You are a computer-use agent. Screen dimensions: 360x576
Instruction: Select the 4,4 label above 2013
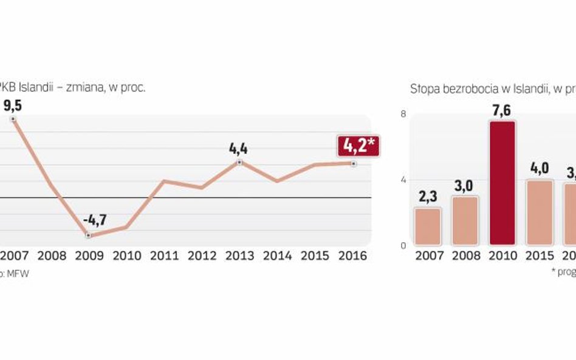[x=239, y=149]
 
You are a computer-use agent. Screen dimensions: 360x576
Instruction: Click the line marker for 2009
[x=89, y=235]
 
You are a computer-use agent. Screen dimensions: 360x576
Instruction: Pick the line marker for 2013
[x=239, y=162]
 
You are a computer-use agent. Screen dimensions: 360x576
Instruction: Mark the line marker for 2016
[x=354, y=163]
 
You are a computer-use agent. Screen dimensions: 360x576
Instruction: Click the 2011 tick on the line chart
[x=164, y=256]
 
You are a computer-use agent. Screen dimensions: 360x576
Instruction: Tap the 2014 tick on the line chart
[x=277, y=256]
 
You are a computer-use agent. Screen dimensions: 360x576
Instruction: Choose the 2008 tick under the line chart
[x=51, y=256]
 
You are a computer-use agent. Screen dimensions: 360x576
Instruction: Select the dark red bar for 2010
[x=501, y=183]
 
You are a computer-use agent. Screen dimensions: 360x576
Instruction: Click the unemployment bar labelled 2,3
[x=428, y=226]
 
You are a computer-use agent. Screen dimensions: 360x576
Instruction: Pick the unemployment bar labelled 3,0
[x=464, y=220]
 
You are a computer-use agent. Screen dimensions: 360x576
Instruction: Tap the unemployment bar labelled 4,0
[x=539, y=212]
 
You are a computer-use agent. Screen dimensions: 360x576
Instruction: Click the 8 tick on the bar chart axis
[x=402, y=114]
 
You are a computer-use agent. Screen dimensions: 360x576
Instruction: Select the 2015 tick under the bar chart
[x=540, y=256]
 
